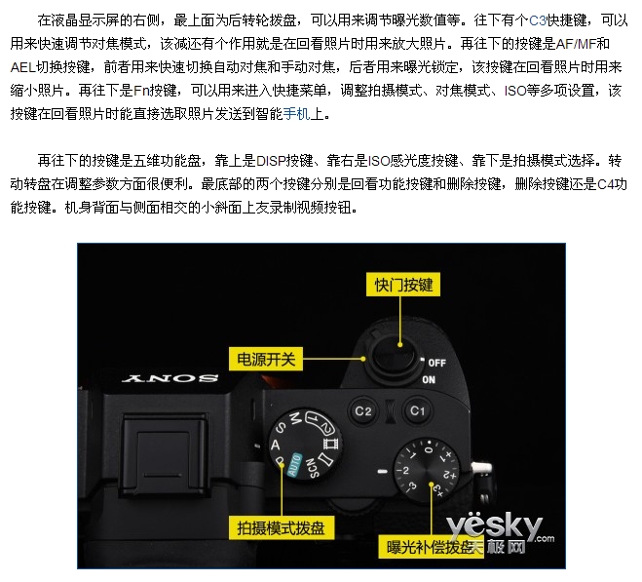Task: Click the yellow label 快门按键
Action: (x=403, y=285)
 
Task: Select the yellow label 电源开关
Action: (x=266, y=359)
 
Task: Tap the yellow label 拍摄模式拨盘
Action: (x=281, y=528)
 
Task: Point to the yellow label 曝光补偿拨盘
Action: (x=431, y=547)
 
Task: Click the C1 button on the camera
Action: (x=417, y=410)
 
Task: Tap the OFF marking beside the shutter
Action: (x=436, y=363)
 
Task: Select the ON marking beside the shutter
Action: (x=429, y=380)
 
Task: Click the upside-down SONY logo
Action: (x=170, y=378)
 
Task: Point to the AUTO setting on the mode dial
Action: (x=294, y=465)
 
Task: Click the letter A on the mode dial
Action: (x=275, y=446)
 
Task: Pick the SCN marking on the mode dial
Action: (x=313, y=468)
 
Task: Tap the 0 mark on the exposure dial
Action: (x=429, y=449)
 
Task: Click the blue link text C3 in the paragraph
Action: (x=538, y=19)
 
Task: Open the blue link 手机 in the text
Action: (x=296, y=113)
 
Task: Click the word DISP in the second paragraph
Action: (x=271, y=161)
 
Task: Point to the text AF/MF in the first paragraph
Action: (x=576, y=44)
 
